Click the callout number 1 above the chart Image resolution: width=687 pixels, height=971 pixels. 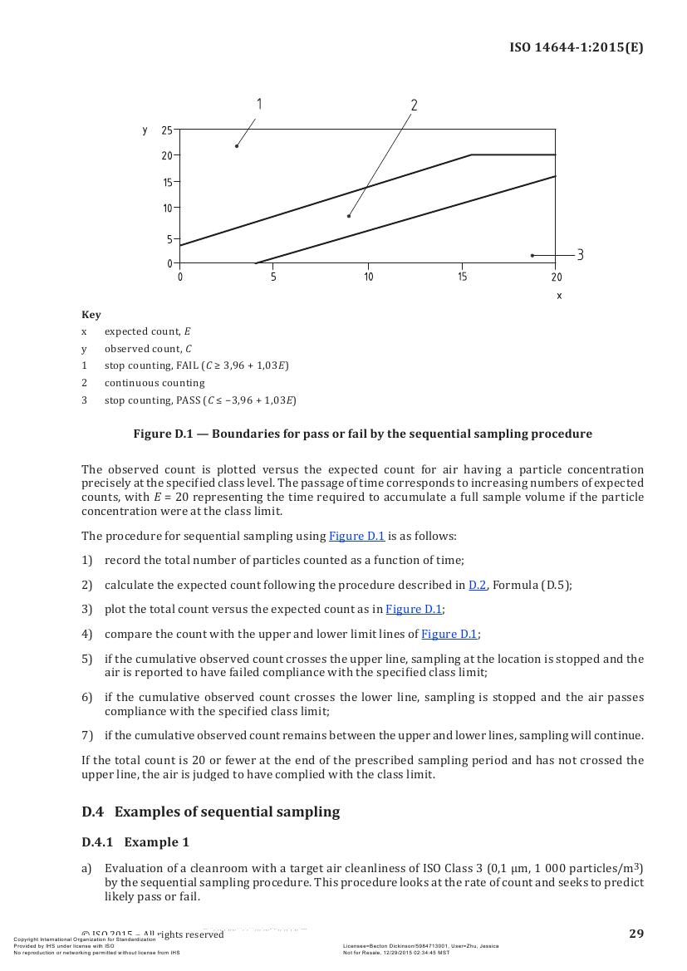[259, 104]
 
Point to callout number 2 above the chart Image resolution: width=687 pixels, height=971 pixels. [414, 105]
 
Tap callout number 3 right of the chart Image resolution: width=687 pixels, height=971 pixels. [580, 255]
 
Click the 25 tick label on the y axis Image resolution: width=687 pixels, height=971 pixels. [167, 130]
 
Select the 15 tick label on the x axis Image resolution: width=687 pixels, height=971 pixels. [462, 277]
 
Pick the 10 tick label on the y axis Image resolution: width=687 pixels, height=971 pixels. [167, 208]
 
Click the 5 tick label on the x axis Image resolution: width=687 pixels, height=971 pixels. [273, 277]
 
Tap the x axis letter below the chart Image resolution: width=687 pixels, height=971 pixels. [559, 296]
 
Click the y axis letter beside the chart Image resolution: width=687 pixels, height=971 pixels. [145, 130]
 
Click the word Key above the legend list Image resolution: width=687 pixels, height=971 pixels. [91, 315]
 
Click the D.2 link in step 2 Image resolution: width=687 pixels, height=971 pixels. [477, 585]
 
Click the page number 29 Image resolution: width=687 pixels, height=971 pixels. [635, 934]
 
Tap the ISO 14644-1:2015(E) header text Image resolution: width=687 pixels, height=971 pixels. [576, 47]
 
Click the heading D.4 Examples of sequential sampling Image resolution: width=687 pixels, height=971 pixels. [210, 812]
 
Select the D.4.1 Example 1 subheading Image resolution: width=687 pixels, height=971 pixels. [135, 842]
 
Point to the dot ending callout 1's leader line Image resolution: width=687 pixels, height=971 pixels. [237, 146]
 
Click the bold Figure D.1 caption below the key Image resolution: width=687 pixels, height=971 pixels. [362, 434]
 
